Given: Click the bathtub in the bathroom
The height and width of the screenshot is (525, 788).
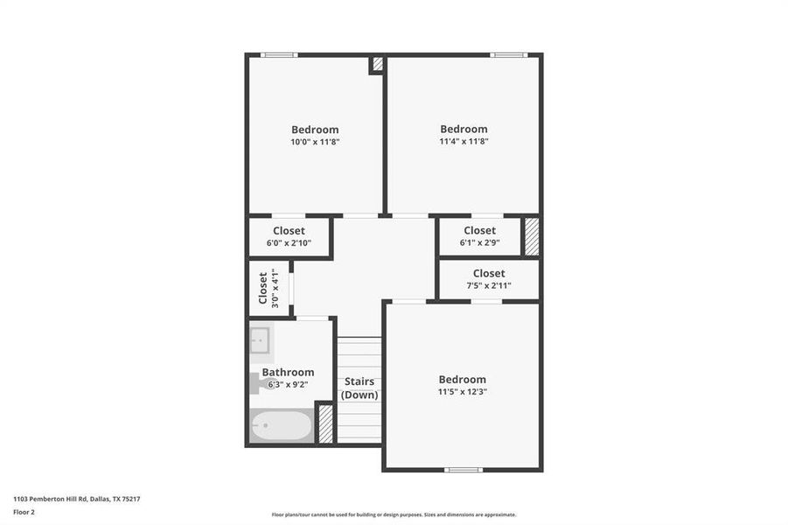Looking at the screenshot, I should [x=282, y=426].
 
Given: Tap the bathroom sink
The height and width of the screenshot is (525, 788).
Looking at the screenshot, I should [x=260, y=339].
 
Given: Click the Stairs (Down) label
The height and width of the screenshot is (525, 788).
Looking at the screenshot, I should [x=359, y=388].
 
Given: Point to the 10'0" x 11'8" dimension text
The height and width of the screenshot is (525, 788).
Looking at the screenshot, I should [x=315, y=142].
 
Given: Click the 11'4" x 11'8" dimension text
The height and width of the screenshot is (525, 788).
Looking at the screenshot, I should [x=464, y=141].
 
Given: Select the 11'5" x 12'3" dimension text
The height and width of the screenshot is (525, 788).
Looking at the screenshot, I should [x=462, y=392].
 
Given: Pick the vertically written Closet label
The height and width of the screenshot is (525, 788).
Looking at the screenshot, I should [x=262, y=288].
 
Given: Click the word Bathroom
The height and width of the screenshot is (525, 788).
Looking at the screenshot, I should [x=288, y=372].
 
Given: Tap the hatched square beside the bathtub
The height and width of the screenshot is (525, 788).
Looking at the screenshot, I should [x=325, y=423].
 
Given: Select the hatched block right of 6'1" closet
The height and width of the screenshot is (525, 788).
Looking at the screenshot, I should [x=531, y=236].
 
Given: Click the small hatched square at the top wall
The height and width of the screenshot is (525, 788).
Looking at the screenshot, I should [x=378, y=64].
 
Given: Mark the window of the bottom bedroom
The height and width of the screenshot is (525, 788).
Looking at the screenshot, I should [x=463, y=470].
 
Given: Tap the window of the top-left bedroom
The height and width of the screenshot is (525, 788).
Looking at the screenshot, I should [x=279, y=56].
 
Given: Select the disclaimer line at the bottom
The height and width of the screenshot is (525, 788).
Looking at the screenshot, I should [x=394, y=514].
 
